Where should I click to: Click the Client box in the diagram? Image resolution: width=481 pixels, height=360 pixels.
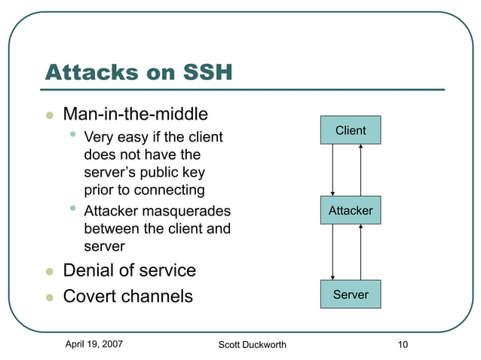coord(351,130)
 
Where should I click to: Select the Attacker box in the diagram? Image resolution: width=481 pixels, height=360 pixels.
coord(351,210)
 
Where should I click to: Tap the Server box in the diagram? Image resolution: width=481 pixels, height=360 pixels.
coord(351,294)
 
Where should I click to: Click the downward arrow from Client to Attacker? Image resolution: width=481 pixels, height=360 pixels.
coord(332,169)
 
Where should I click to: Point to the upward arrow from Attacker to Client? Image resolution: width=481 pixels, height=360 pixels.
coord(361,169)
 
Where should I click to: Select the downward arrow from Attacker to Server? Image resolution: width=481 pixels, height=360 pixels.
coord(332,252)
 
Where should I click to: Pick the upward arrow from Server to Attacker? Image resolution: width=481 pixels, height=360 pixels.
coord(361,252)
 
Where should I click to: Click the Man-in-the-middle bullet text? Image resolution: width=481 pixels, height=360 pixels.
coord(135,114)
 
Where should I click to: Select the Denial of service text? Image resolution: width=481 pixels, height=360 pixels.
coord(129,270)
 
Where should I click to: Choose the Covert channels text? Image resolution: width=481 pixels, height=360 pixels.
coord(127,296)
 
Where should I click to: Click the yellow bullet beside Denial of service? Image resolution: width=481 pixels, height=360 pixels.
coord(49,271)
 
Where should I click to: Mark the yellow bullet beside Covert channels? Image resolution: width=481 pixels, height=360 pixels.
coord(49,297)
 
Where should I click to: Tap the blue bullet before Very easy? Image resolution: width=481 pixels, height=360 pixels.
coord(72,136)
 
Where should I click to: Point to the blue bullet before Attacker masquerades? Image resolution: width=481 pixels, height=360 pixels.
coord(72,209)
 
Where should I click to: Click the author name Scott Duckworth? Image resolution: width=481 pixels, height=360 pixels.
coord(252,345)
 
